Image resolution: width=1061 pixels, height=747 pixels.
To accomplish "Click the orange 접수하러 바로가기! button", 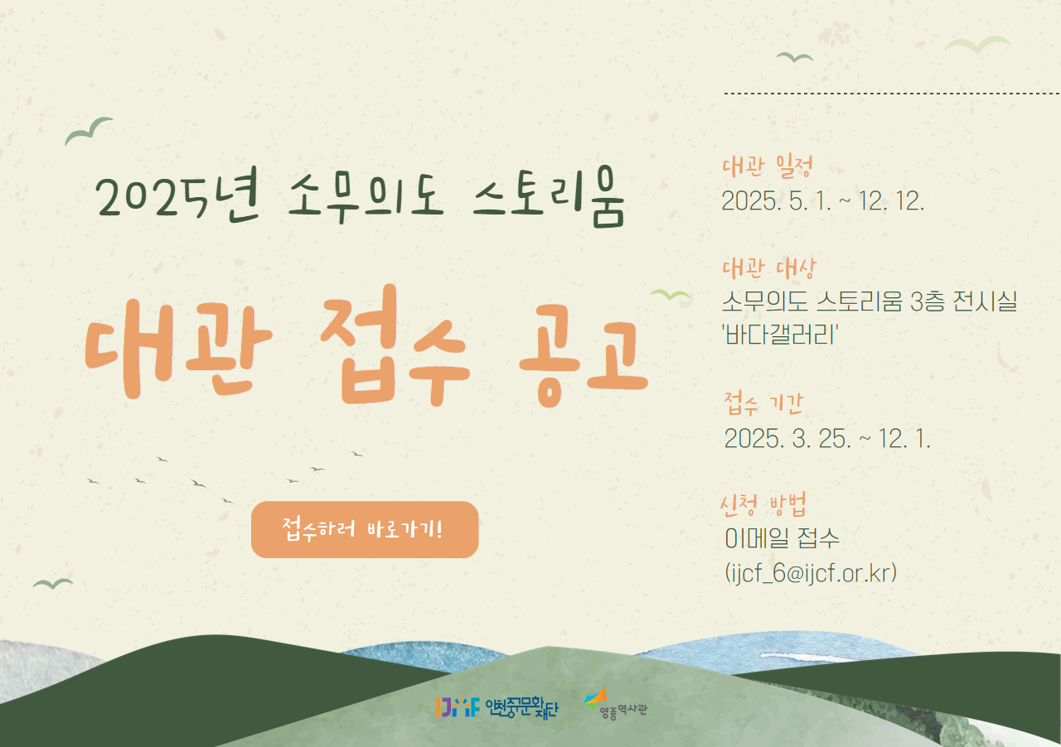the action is [365, 529].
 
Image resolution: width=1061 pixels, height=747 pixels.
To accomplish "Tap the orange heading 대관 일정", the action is [768, 166].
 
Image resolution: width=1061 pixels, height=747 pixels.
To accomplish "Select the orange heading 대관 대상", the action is [769, 268].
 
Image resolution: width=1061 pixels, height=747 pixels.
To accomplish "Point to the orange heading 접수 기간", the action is [763, 403].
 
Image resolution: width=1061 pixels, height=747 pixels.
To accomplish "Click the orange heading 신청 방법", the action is [763, 504].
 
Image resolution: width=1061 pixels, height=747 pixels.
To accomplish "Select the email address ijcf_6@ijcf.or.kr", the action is [811, 573].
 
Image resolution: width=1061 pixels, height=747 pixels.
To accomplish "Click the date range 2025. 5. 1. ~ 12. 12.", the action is [823, 200].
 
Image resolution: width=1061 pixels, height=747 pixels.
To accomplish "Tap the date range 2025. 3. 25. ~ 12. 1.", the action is [827, 438].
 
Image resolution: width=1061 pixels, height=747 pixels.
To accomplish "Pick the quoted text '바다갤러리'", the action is [780, 335].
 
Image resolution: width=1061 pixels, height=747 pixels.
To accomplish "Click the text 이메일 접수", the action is [782, 538].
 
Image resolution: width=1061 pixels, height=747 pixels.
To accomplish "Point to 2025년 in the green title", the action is [177, 195].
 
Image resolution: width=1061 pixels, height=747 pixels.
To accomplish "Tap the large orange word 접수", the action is [396, 345].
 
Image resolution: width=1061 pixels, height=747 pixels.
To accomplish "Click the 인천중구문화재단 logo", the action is [497, 708].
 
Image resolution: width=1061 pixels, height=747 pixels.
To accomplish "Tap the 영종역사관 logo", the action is [615, 703].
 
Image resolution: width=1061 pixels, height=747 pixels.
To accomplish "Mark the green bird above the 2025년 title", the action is [88, 130].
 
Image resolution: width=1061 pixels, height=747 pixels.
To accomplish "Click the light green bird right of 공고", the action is [671, 296].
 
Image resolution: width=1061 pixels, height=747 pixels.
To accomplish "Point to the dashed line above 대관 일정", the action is [893, 94].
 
